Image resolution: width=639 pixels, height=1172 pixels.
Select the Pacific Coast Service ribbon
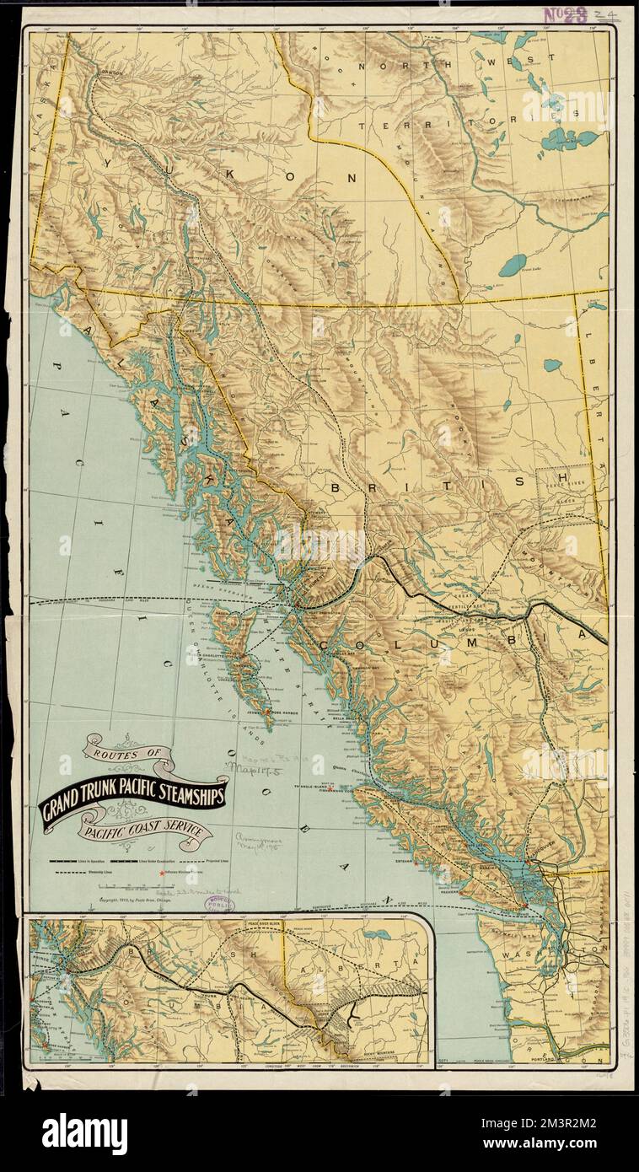point(143,831)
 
